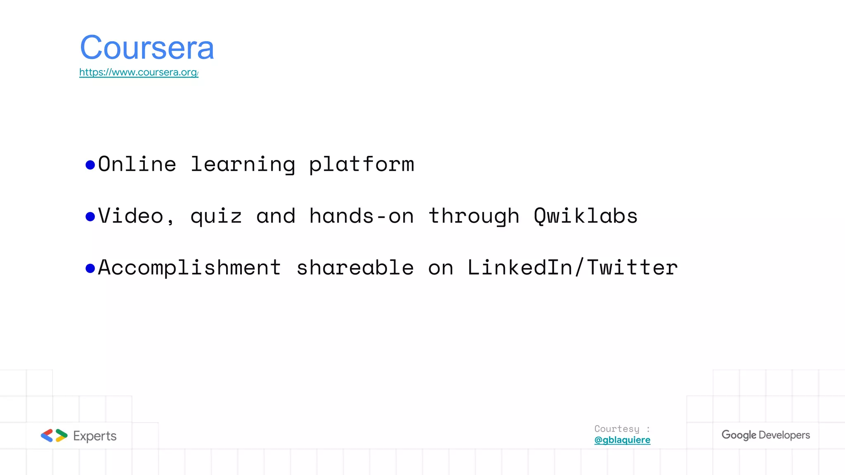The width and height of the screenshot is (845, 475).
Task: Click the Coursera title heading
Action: (x=147, y=48)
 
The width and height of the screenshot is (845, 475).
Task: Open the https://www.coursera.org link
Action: (x=139, y=73)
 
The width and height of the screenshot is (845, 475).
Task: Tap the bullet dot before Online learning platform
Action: (x=90, y=165)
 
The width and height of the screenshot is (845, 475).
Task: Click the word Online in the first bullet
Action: (x=137, y=165)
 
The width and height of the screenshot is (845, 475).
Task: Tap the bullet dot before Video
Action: (x=90, y=216)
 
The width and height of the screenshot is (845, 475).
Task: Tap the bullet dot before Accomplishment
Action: (x=90, y=268)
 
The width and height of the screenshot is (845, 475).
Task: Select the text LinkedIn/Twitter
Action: (x=572, y=268)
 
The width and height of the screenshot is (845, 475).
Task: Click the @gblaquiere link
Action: (x=622, y=440)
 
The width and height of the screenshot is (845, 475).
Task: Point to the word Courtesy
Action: (x=617, y=429)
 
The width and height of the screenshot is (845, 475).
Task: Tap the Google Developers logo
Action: (x=765, y=435)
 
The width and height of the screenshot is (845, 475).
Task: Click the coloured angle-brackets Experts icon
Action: (x=54, y=436)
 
